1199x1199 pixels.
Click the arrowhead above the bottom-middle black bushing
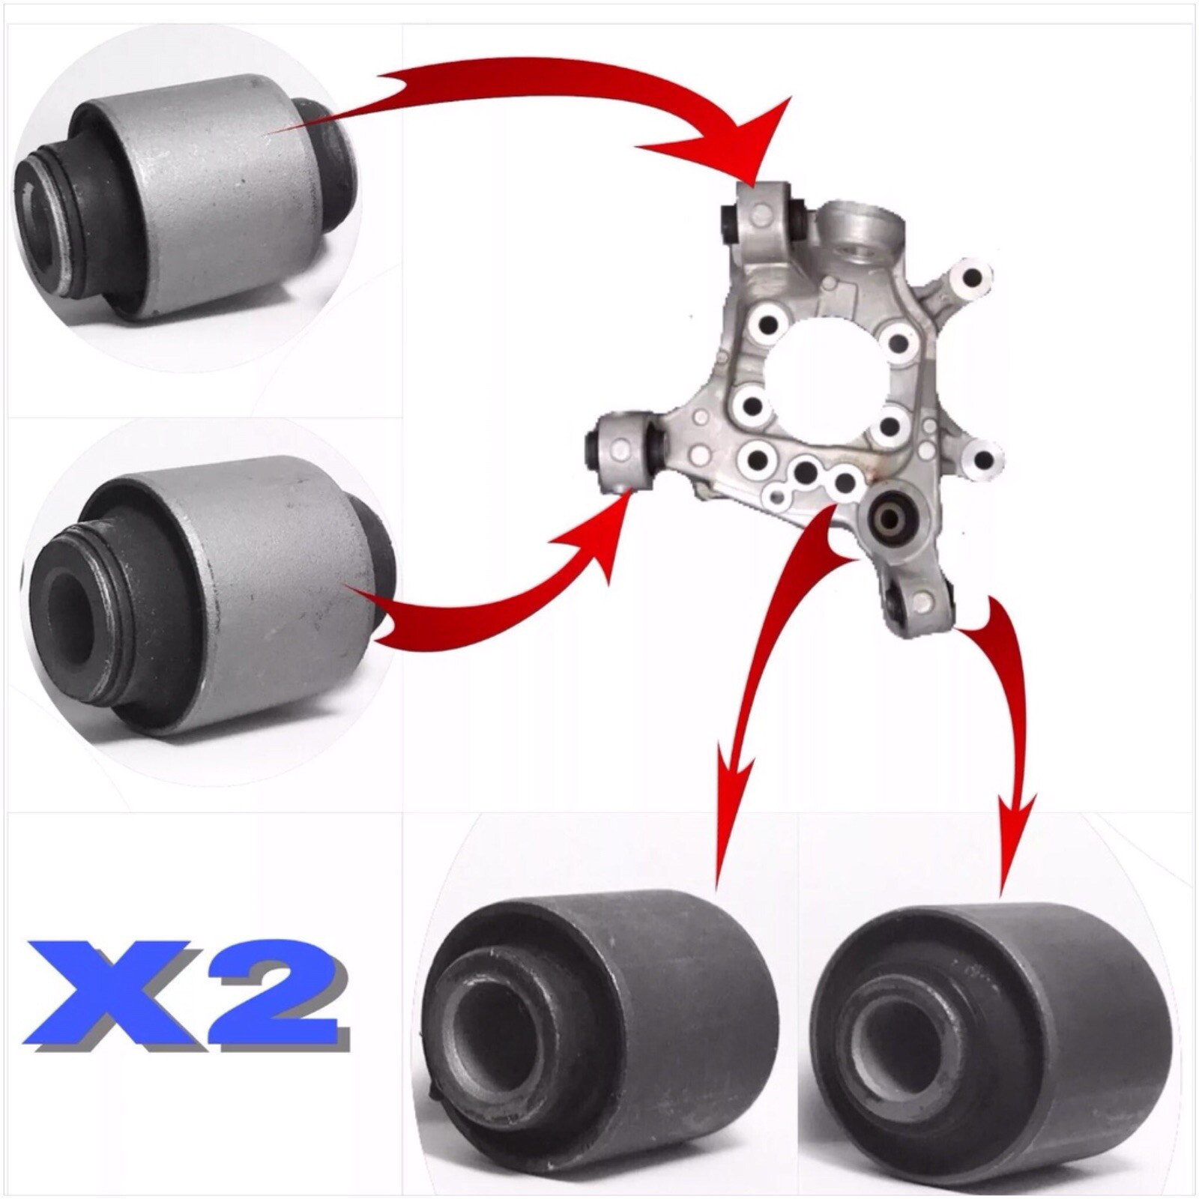(734, 794)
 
